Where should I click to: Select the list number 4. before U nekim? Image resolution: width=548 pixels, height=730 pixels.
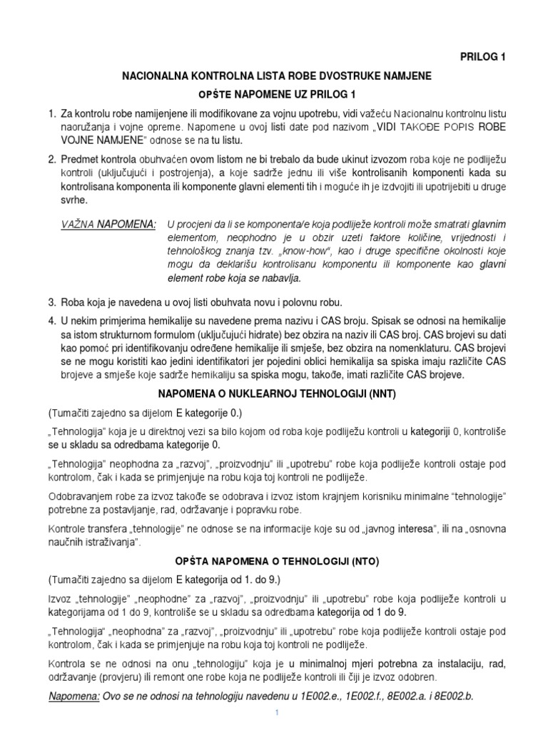[x=51, y=322]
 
